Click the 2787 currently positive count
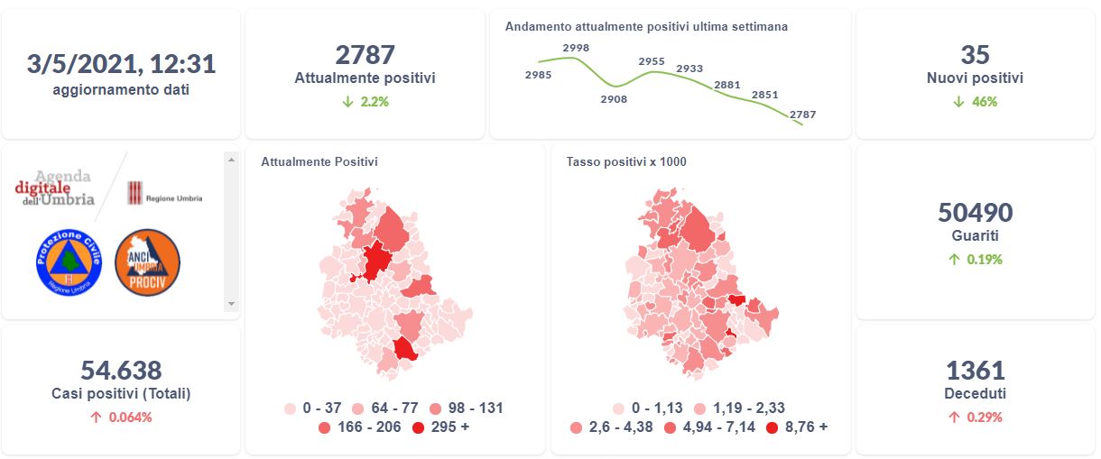pos(365,54)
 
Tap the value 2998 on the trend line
pos(575,48)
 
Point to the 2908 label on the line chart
pos(614,99)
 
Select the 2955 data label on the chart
pos(651,61)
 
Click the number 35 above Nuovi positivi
pos(975,54)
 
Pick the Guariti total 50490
pos(975,213)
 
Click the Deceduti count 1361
pos(975,370)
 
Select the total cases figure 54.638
pos(121,370)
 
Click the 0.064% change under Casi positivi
pos(121,418)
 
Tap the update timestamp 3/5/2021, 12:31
pos(121,64)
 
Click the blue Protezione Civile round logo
pos(69,262)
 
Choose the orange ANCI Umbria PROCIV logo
pos(148,262)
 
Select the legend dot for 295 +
pos(418,427)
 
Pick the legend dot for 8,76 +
pos(772,427)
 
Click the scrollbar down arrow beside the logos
pos(231,304)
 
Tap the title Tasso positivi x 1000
pos(626,162)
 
